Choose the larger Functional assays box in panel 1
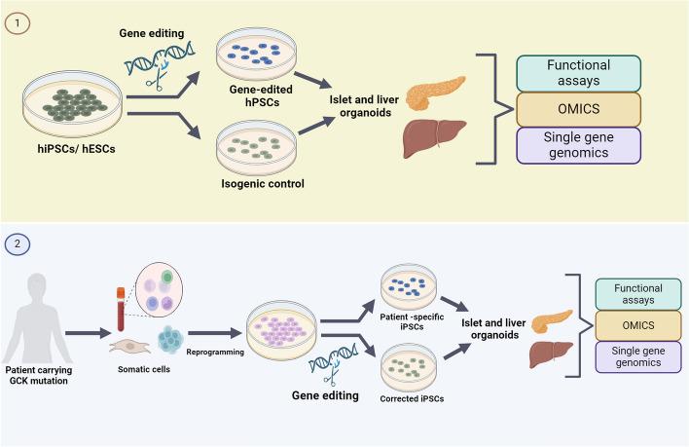[578, 73]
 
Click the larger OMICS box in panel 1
[578, 108]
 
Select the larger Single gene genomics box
[578, 144]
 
